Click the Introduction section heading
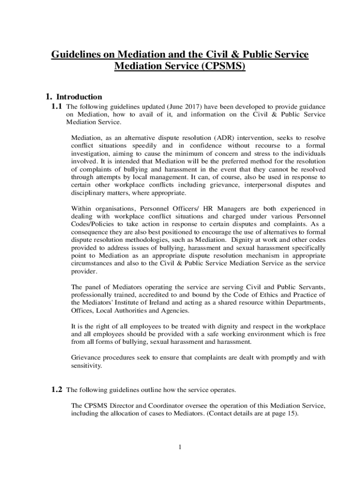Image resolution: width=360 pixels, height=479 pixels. click(x=79, y=97)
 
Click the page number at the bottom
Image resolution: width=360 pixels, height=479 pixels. click(x=180, y=447)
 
